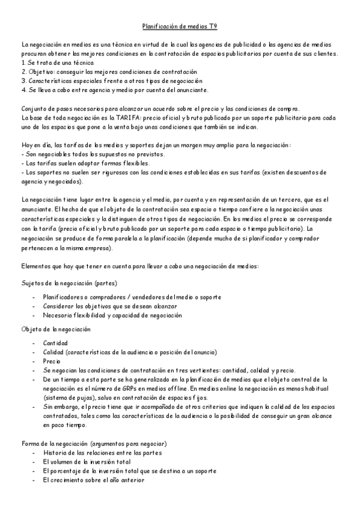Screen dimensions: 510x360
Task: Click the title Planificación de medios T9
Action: [180, 26]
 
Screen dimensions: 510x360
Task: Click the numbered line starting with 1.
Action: [57, 63]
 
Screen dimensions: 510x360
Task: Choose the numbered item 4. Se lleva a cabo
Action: [114, 90]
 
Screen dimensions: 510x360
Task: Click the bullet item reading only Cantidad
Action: [55, 343]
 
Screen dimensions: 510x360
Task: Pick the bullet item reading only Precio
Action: [52, 361]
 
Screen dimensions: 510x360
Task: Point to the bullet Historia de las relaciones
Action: [102, 452]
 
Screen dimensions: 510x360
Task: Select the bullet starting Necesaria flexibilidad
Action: [112, 315]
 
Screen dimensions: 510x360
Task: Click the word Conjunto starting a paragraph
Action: [34, 108]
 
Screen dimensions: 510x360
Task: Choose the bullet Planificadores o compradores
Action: [132, 297]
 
